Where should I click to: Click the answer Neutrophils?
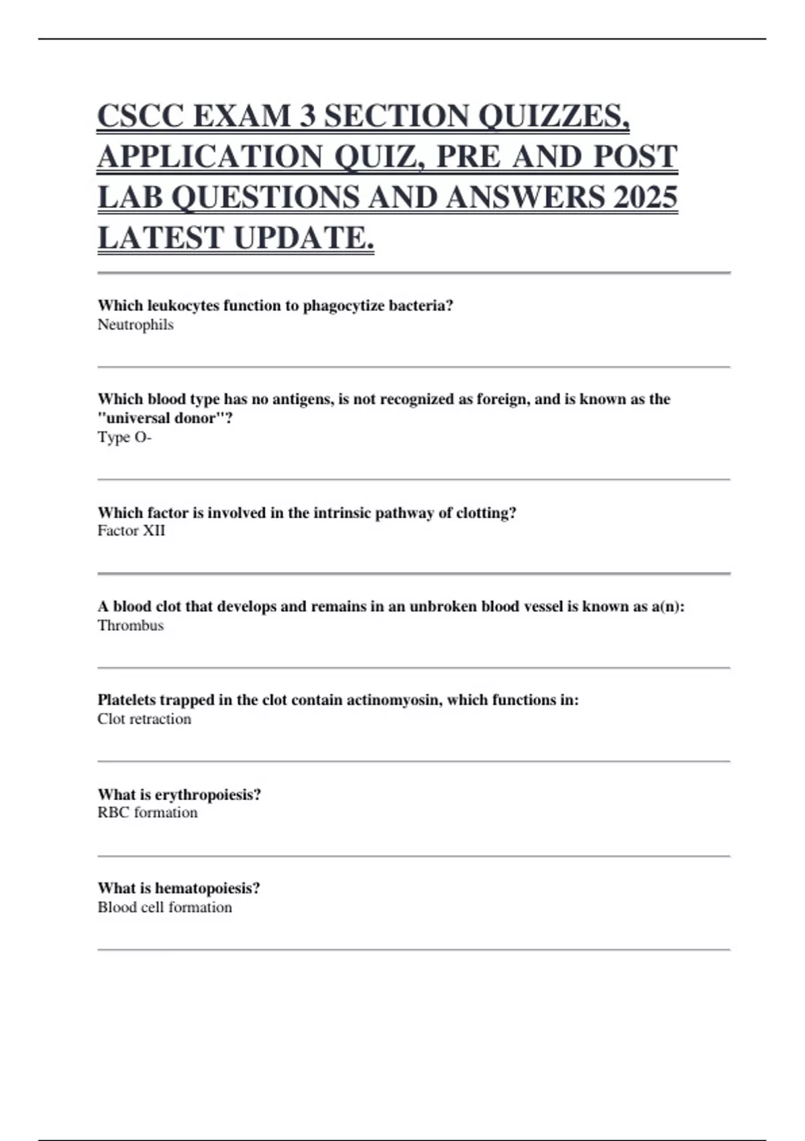pyautogui.click(x=136, y=325)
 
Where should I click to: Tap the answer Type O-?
pyautogui.click(x=124, y=438)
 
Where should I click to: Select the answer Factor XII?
pyautogui.click(x=131, y=531)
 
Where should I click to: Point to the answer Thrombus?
pyautogui.click(x=130, y=626)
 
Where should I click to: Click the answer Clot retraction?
pyautogui.click(x=144, y=719)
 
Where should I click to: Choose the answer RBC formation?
pyautogui.click(x=148, y=813)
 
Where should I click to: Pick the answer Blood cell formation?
pyautogui.click(x=164, y=907)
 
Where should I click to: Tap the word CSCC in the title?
pyautogui.click(x=140, y=116)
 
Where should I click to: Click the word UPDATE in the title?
pyautogui.click(x=303, y=238)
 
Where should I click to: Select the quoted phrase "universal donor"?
pyautogui.click(x=165, y=418)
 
